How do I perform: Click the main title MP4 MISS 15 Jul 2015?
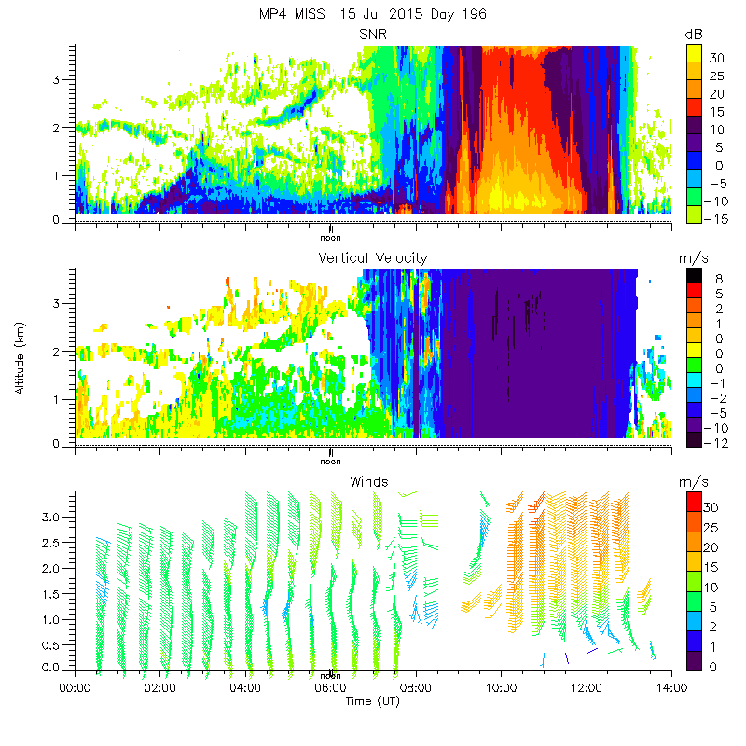373,14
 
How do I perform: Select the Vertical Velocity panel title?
373,257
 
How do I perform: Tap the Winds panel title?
369,481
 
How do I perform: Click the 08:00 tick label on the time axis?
416,688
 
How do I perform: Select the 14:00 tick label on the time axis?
671,688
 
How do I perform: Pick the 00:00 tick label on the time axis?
75,688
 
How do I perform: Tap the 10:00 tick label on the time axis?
501,688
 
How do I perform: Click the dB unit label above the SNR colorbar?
693,34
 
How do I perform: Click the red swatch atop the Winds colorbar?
693,501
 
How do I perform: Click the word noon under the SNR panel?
330,237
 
